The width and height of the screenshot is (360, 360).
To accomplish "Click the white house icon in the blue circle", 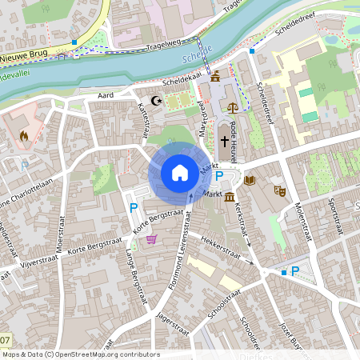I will click(179, 172).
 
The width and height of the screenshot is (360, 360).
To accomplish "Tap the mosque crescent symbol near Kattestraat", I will click(156, 101).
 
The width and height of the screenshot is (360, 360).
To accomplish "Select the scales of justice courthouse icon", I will click(233, 106).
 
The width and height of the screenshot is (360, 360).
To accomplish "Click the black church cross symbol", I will click(224, 139).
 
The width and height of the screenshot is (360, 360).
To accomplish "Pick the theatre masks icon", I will click(280, 190).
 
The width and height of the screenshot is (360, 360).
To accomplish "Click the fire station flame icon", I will click(22, 136).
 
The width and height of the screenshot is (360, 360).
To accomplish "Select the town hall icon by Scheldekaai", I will click(216, 76).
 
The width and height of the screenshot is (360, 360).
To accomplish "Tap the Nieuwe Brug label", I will click(23, 58).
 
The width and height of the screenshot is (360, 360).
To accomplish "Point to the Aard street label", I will click(106, 94).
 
